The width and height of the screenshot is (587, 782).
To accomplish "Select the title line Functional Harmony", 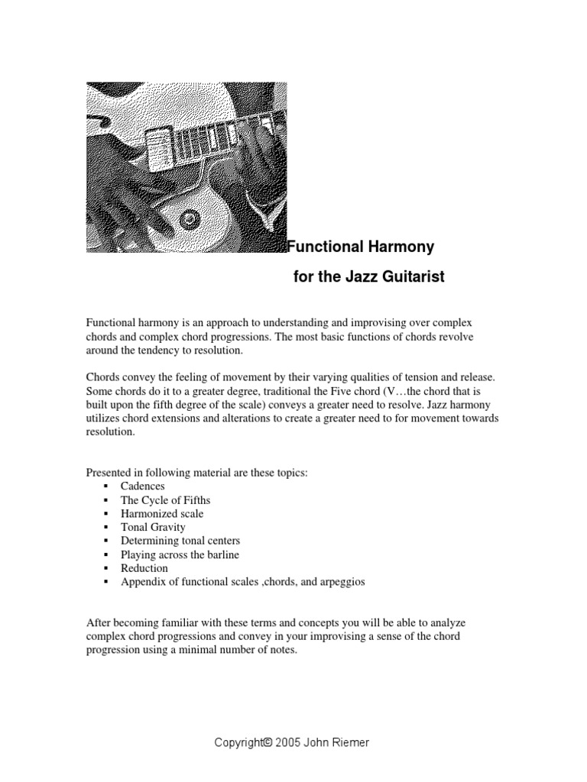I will (360, 247).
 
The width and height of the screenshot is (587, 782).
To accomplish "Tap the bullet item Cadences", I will (142, 486).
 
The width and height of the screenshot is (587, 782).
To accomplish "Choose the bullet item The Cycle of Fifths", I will (165, 499).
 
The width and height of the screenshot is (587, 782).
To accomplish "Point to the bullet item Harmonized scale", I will (162, 513).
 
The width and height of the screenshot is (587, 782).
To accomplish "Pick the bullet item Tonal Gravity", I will (153, 527).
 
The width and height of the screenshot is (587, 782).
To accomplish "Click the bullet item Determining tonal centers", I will (180, 541).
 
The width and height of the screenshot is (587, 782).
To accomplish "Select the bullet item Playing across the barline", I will (180, 554).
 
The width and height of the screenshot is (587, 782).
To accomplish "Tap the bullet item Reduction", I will (144, 568).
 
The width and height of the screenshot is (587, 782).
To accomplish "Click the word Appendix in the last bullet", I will (142, 582).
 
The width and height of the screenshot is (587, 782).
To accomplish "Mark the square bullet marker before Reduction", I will (105, 569).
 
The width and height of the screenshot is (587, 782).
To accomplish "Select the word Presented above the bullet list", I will (109, 473).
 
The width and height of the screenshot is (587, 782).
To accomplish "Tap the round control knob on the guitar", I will (189, 220).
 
